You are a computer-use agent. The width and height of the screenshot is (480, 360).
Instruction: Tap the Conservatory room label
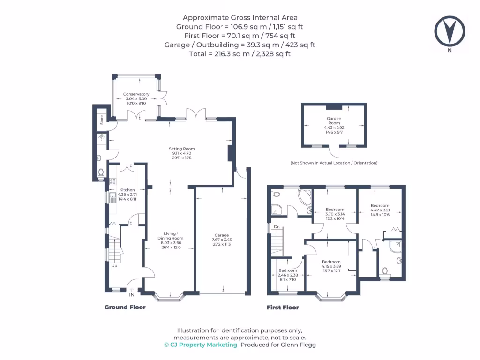(x=136, y=94)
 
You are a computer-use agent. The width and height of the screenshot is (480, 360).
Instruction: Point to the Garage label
(x=222, y=235)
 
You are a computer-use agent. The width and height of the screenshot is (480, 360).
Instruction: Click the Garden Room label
(x=334, y=119)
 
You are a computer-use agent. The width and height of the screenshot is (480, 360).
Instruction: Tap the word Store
(x=101, y=120)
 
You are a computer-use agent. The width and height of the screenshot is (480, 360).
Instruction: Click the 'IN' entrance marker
(x=132, y=295)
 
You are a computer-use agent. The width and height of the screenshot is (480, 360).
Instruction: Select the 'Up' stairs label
(x=114, y=265)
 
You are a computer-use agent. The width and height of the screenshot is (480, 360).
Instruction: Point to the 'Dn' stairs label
(x=277, y=227)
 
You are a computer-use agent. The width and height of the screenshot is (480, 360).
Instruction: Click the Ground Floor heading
(x=125, y=307)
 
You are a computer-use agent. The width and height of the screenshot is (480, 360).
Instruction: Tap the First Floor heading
(x=282, y=307)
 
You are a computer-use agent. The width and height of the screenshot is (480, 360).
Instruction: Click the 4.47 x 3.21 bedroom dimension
(x=380, y=210)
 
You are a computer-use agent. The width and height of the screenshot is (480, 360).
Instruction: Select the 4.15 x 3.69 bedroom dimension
(x=330, y=266)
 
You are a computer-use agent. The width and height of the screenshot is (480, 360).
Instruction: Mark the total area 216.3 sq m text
(x=240, y=54)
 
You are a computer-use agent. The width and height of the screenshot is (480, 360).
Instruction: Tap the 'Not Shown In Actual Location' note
(x=333, y=163)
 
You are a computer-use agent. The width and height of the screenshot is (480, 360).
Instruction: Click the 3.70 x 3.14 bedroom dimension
(x=335, y=214)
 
